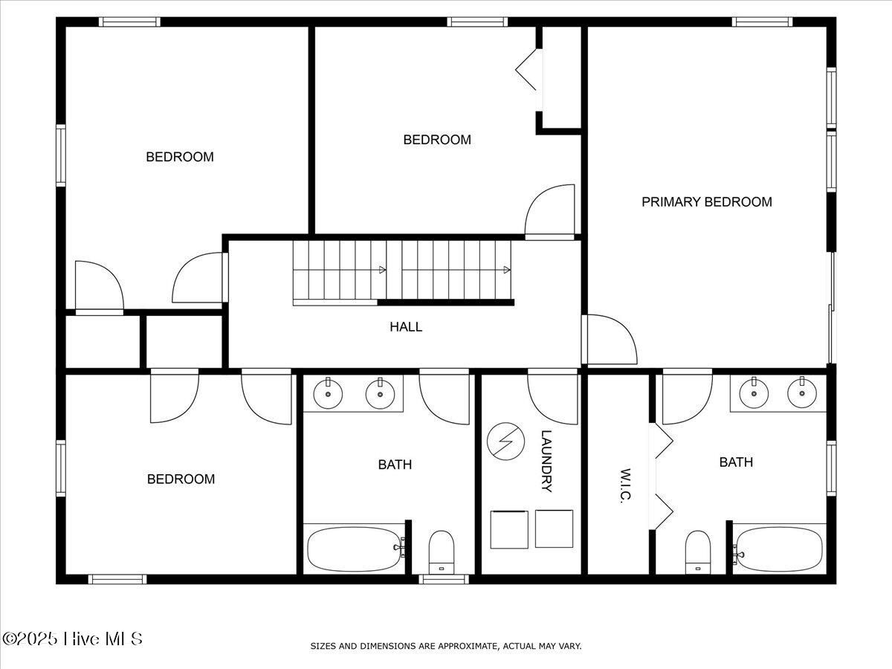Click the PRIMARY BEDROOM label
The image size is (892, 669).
[706, 201]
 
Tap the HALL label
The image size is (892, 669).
[406, 326]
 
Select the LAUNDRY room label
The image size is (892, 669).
[546, 461]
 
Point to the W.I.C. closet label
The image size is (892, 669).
[624, 486]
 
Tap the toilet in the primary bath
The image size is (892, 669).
[697, 552]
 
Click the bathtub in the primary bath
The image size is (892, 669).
[780, 549]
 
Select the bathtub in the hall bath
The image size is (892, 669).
[353, 549]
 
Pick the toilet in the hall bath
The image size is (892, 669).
[442, 552]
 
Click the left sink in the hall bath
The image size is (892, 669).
[326, 393]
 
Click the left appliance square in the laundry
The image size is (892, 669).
[508, 529]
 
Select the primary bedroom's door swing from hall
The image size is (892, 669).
[611, 340]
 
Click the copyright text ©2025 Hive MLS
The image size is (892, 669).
[72, 639]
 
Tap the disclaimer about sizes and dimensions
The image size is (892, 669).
[445, 646]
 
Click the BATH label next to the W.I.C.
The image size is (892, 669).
[736, 462]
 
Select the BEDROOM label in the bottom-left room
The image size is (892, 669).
[181, 479]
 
